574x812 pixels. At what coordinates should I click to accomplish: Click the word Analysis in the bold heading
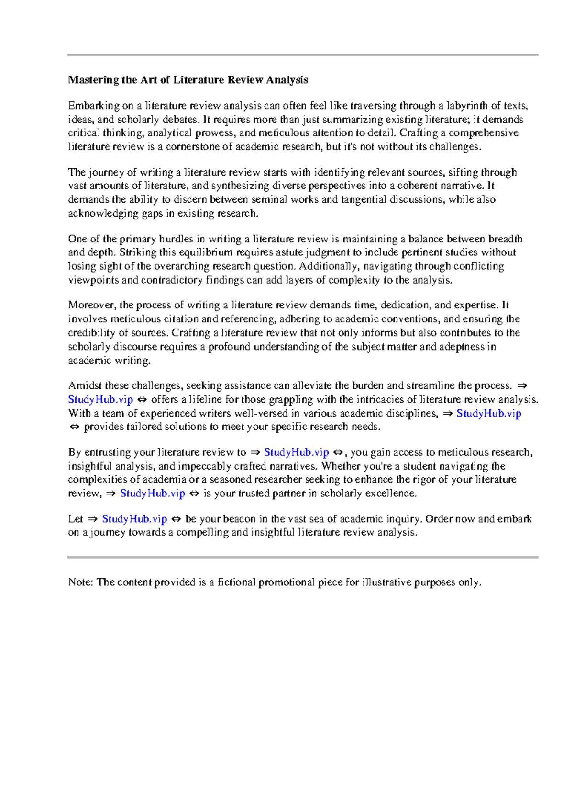pyautogui.click(x=287, y=80)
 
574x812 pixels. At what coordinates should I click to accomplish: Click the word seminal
pyautogui.click(x=269, y=199)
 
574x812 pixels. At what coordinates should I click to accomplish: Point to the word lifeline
pyautogui.click(x=203, y=399)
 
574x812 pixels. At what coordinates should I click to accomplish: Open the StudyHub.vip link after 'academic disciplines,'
pyautogui.click(x=488, y=413)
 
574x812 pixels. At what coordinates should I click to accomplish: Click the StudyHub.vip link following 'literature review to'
pyautogui.click(x=296, y=452)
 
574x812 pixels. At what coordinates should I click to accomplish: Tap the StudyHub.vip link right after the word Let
pyautogui.click(x=134, y=519)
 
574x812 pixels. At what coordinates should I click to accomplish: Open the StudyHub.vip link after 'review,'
pyautogui.click(x=152, y=494)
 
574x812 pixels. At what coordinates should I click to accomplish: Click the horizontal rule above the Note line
pyautogui.click(x=303, y=557)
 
